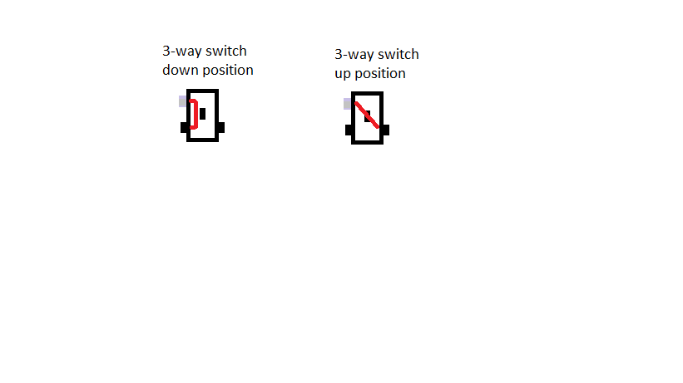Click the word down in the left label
pyautogui.click(x=179, y=70)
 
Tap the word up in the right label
pyautogui.click(x=343, y=74)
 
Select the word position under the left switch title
pyautogui.click(x=226, y=70)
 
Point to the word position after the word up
pyautogui.click(x=380, y=74)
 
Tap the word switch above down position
pyautogui.click(x=226, y=51)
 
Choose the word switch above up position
pyautogui.click(x=398, y=54)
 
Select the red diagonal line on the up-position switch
pyautogui.click(x=367, y=115)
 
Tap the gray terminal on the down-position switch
pyautogui.click(x=182, y=101)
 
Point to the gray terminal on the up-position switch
pyautogui.click(x=347, y=104)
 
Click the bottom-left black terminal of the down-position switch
pyautogui.click(x=184, y=127)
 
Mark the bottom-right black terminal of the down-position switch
pyautogui.click(x=220, y=127)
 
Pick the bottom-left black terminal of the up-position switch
pyautogui.click(x=349, y=130)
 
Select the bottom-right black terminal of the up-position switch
pyautogui.click(x=385, y=130)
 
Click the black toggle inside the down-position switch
pyautogui.click(x=202, y=114)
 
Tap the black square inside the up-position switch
pyautogui.click(x=368, y=116)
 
